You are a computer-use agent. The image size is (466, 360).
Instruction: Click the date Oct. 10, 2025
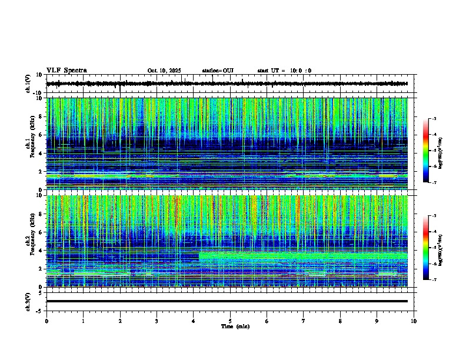tap(164, 71)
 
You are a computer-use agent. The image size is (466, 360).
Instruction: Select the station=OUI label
tap(218, 71)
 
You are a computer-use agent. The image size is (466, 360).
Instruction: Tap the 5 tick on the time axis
tap(230, 321)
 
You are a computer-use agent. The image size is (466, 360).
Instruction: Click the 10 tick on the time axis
tap(414, 321)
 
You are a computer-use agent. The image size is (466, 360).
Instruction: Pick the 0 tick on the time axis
tap(46, 321)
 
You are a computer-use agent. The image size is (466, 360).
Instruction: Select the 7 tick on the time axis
tap(304, 321)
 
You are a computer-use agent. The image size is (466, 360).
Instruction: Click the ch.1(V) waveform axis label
tap(28, 84)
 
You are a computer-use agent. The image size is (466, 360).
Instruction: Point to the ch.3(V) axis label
tap(28, 301)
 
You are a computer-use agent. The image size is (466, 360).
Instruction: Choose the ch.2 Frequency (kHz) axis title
tap(31, 241)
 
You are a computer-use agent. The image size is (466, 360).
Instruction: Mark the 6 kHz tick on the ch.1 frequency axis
tap(42, 135)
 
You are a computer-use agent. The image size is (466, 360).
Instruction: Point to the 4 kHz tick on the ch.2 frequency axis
tap(42, 250)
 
